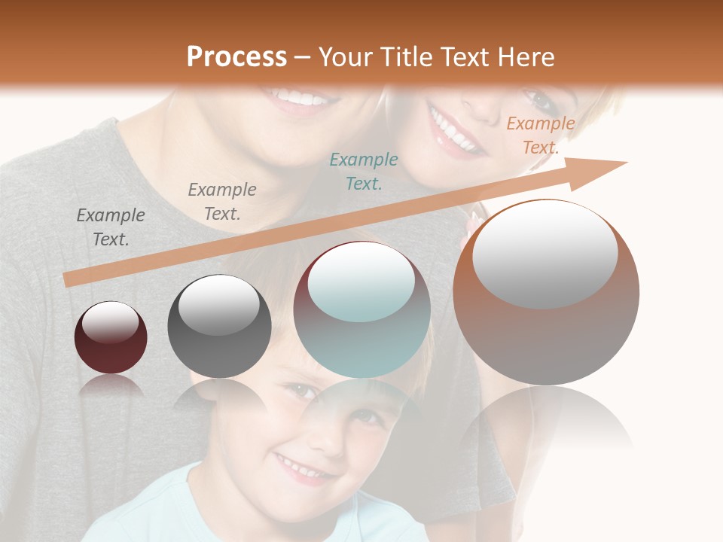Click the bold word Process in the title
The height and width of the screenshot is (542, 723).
pos(236,56)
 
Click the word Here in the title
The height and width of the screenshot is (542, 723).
pos(526,57)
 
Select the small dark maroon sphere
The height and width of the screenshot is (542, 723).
pos(111,337)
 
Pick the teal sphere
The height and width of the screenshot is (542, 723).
pos(362,310)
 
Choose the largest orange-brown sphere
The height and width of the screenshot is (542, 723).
pos(546,292)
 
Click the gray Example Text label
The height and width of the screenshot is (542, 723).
pos(222,202)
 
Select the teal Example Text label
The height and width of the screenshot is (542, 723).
pos(364,171)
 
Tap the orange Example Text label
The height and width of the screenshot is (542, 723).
pos(541,135)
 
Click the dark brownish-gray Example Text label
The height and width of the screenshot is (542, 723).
pos(111,227)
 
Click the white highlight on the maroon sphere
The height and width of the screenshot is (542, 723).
pos(110,321)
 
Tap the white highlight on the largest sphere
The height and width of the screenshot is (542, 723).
pos(545,252)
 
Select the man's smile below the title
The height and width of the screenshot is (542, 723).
pos(298,98)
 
